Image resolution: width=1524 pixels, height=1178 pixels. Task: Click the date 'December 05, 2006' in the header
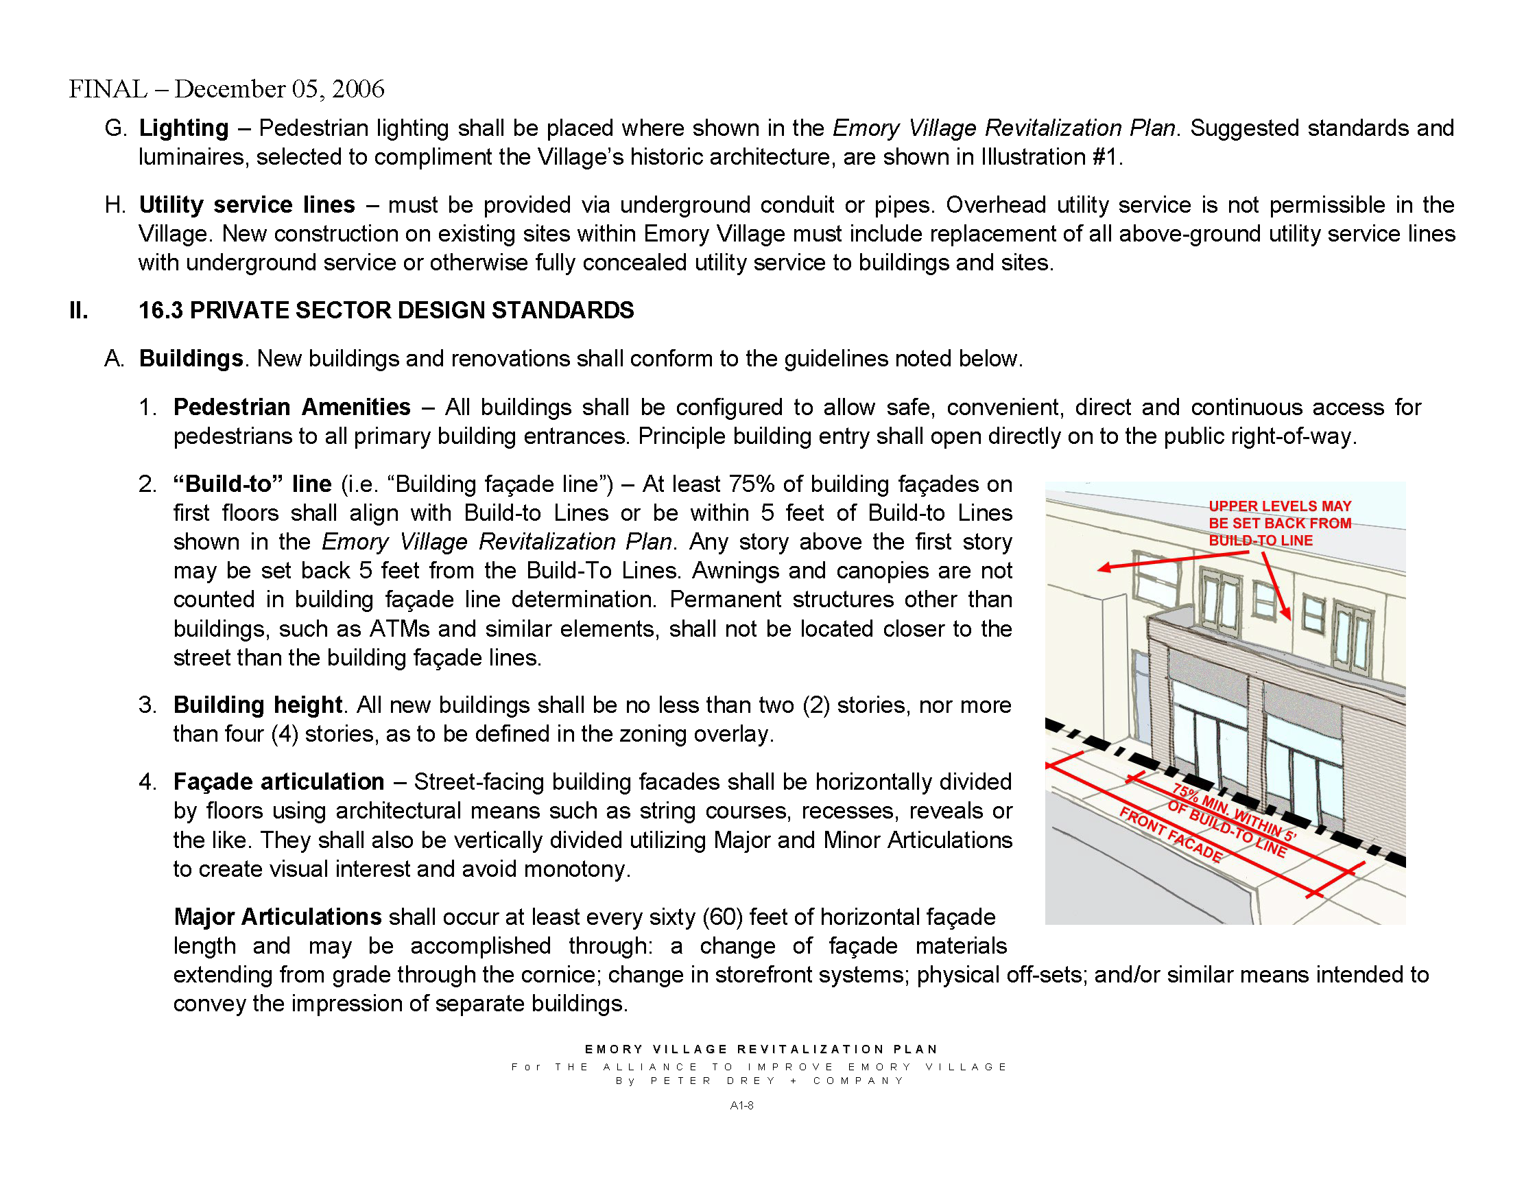pyautogui.click(x=279, y=89)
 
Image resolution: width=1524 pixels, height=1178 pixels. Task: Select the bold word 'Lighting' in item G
pyautogui.click(x=184, y=128)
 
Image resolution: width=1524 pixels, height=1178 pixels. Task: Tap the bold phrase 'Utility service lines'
pyautogui.click(x=247, y=205)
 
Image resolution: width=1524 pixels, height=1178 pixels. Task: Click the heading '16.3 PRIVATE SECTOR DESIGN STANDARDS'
pyautogui.click(x=386, y=311)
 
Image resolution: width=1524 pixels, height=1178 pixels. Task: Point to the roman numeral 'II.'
pyautogui.click(x=79, y=311)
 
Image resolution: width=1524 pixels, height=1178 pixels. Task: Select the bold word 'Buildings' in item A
pyautogui.click(x=191, y=359)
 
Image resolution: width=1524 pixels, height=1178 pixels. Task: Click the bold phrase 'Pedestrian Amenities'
pyautogui.click(x=291, y=408)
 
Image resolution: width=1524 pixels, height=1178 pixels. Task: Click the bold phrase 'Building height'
pyautogui.click(x=257, y=705)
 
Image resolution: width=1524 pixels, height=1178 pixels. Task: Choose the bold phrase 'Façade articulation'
pyautogui.click(x=278, y=782)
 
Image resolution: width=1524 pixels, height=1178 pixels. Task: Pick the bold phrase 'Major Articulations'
pyautogui.click(x=277, y=917)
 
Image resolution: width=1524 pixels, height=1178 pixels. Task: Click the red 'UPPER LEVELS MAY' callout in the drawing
pyautogui.click(x=1280, y=506)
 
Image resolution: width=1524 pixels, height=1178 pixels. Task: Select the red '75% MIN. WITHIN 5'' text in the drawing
pyautogui.click(x=1234, y=813)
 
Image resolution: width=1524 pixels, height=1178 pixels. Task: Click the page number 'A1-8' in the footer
pyautogui.click(x=741, y=1105)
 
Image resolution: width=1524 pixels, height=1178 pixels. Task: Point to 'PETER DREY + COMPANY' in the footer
pyautogui.click(x=776, y=1081)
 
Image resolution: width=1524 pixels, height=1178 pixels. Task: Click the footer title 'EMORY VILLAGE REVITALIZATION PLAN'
pyautogui.click(x=761, y=1050)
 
